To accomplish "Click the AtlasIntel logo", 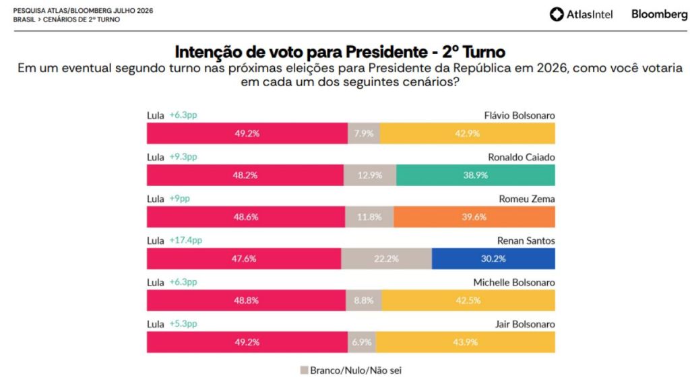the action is [x=581, y=15].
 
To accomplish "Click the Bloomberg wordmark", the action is [x=659, y=15].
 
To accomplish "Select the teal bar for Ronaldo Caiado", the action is [x=475, y=175].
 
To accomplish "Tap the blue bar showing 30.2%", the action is [x=493, y=259].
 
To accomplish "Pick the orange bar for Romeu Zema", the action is [x=474, y=217].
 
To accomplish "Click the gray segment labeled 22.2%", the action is [x=386, y=259].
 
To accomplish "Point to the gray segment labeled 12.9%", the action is [x=370, y=175].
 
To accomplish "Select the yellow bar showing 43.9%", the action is [x=466, y=342].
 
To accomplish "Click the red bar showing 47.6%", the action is [x=244, y=259].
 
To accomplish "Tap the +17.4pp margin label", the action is [x=186, y=240].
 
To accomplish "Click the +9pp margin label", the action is [x=179, y=199].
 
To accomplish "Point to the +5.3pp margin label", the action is [x=183, y=324].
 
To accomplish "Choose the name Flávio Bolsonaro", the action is [x=520, y=115].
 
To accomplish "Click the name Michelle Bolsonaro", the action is [x=514, y=282].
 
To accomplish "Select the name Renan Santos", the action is [x=526, y=240].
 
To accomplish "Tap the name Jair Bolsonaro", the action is [x=525, y=324].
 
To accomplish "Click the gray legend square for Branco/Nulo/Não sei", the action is [x=304, y=370].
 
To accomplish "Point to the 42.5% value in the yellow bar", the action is [x=468, y=300].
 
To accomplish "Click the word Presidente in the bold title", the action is [x=386, y=52].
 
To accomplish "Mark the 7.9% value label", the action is [x=364, y=133].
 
